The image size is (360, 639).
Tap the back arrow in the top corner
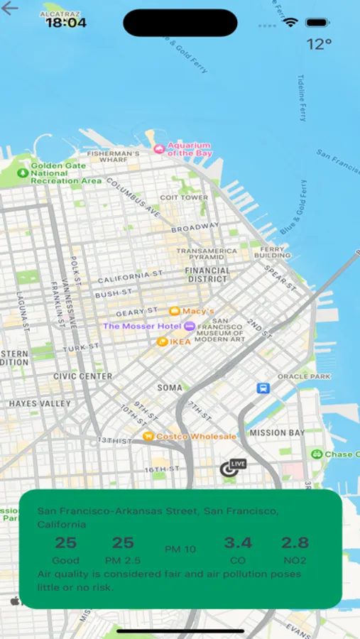point(11,10)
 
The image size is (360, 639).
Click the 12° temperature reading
point(319,44)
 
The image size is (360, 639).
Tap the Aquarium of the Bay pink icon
point(159,149)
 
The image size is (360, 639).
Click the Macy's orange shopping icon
point(174,311)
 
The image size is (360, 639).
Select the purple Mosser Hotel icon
point(189,326)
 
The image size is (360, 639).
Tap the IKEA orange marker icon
point(162,342)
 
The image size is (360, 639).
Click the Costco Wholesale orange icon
point(148,436)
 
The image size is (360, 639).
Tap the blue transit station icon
point(263,388)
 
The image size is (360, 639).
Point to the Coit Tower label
point(184,197)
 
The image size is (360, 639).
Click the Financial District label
point(207,275)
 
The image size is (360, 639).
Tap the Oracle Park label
point(303,376)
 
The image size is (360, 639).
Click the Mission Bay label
point(276,432)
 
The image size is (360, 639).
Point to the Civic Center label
point(82,376)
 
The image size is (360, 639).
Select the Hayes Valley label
point(40,403)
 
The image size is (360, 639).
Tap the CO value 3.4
point(238,543)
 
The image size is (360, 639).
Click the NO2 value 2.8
point(295,543)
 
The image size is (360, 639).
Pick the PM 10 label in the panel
point(180,549)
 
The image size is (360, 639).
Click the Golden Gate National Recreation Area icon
point(23,173)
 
